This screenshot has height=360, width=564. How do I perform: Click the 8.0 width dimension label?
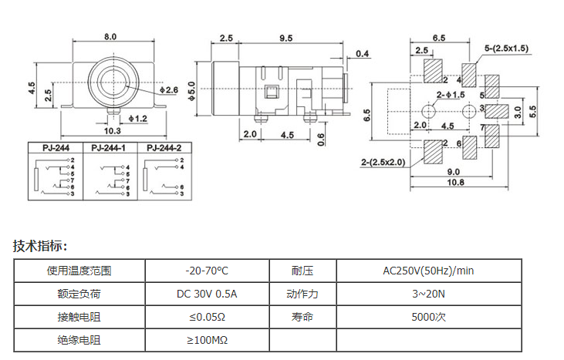coord(110,36)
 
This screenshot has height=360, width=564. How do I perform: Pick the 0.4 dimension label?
coord(362,53)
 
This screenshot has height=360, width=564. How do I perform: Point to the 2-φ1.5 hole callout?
coord(451,94)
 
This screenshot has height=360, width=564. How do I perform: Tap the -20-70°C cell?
coord(207,271)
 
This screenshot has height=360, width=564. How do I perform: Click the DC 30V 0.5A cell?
coord(207,294)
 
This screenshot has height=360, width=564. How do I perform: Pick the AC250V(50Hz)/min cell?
coord(428,271)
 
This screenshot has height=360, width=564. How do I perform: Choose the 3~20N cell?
coord(428,294)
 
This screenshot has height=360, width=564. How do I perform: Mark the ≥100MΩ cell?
coord(207,340)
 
